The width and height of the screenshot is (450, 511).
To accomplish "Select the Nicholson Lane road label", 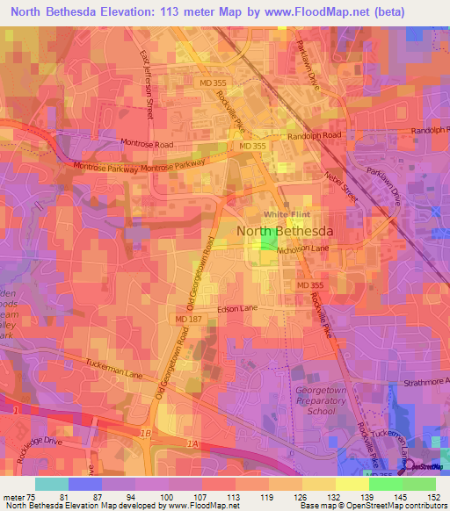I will click(302, 248).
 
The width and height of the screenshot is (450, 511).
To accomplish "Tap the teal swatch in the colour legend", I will click(52, 483).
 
